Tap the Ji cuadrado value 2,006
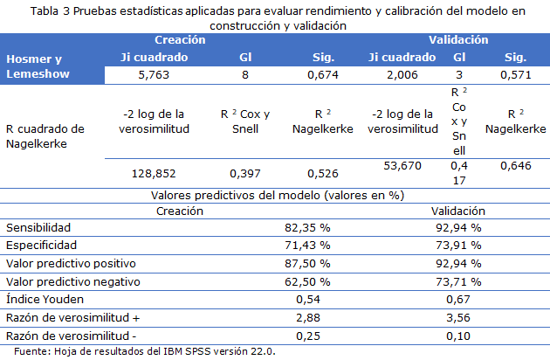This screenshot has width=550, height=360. [402, 75]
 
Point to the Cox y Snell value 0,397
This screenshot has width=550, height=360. [245, 173]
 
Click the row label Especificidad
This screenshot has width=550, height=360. [42, 245]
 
